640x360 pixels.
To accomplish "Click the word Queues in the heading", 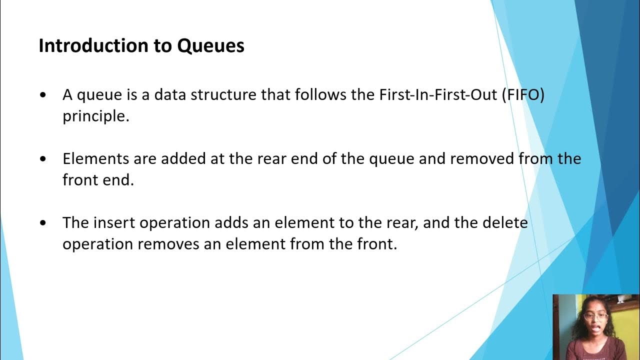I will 210,46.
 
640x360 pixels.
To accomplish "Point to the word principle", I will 96,116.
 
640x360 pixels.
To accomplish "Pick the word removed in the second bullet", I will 482,159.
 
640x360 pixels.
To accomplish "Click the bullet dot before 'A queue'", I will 45,95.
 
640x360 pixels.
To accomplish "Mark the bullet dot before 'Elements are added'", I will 45,159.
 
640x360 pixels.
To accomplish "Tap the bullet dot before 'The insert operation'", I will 45,222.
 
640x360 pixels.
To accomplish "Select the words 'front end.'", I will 98,180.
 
